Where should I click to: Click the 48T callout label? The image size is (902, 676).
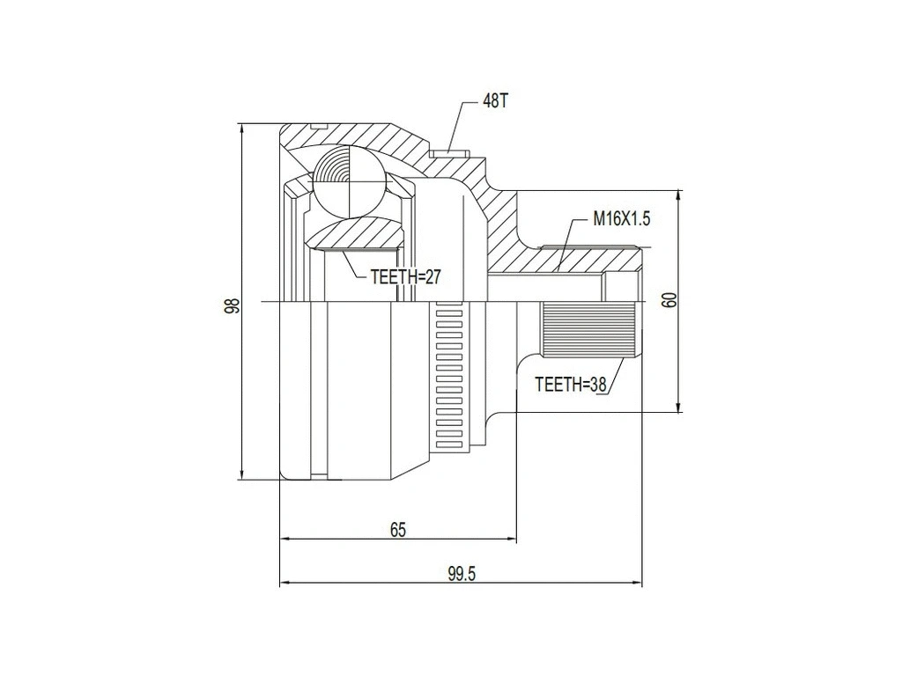[x=495, y=101]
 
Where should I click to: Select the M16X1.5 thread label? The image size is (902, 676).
[x=620, y=219]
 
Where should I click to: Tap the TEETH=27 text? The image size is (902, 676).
[x=404, y=276]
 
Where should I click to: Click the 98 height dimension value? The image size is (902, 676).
[x=232, y=305]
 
